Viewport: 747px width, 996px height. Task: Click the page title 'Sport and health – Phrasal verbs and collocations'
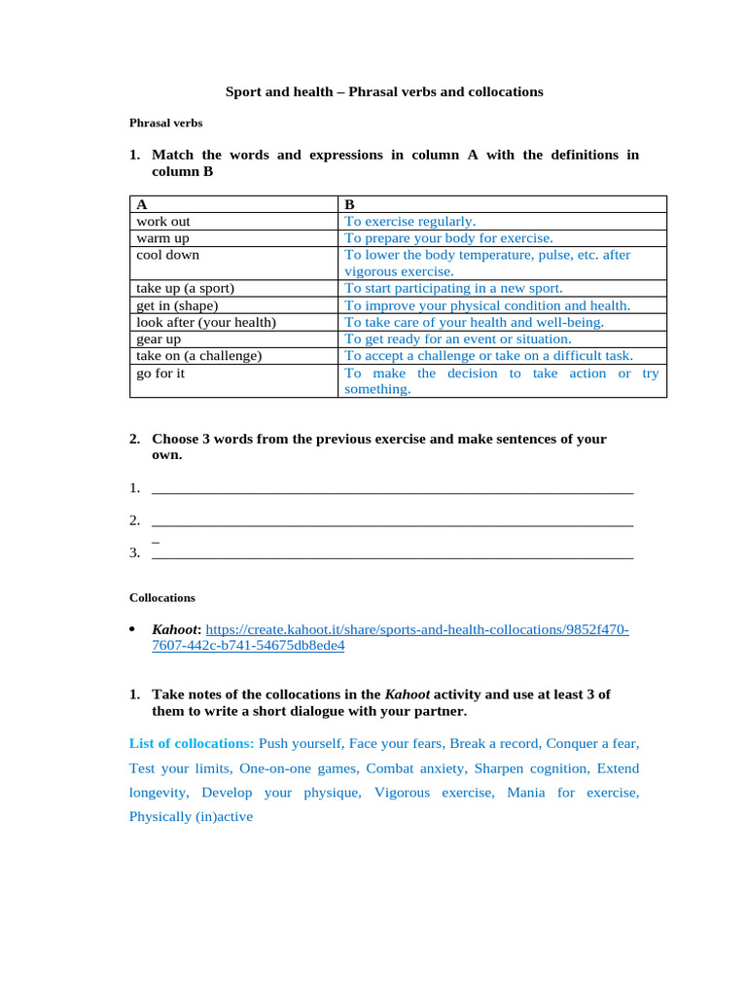pyautogui.click(x=384, y=91)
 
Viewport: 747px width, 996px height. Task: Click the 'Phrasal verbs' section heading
pyautogui.click(x=165, y=124)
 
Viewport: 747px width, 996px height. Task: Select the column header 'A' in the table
pyautogui.click(x=142, y=204)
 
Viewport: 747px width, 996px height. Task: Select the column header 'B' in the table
pyautogui.click(x=350, y=204)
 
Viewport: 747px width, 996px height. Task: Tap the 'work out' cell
pyautogui.click(x=163, y=221)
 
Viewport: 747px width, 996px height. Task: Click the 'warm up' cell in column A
pyautogui.click(x=163, y=237)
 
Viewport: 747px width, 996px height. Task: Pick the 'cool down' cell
pyautogui.click(x=167, y=255)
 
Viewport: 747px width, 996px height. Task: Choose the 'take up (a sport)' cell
pyautogui.click(x=185, y=288)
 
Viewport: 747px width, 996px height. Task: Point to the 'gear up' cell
pyautogui.click(x=159, y=338)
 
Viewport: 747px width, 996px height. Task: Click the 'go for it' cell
pyautogui.click(x=160, y=373)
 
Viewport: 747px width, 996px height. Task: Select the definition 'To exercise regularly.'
pyautogui.click(x=410, y=221)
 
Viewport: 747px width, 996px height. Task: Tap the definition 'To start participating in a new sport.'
pyautogui.click(x=453, y=288)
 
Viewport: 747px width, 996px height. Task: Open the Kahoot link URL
pyautogui.click(x=417, y=630)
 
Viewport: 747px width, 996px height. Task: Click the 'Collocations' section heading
pyautogui.click(x=162, y=597)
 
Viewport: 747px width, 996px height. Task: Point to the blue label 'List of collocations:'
pyautogui.click(x=192, y=743)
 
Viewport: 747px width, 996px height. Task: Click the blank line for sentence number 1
pyautogui.click(x=393, y=488)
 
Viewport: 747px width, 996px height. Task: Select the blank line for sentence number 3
pyautogui.click(x=393, y=553)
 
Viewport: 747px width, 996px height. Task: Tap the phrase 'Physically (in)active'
pyautogui.click(x=191, y=816)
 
